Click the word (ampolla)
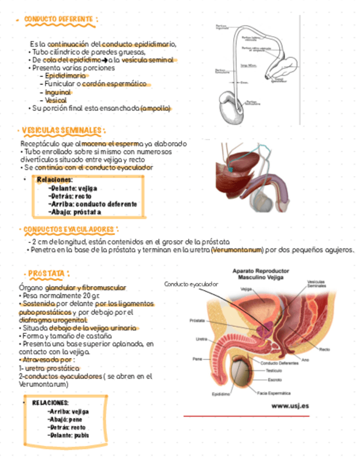click(x=155, y=108)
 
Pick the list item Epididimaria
click(x=65, y=76)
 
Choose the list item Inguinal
click(x=58, y=93)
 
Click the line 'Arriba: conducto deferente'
click(x=92, y=203)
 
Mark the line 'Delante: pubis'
click(x=69, y=435)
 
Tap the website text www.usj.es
click(x=290, y=406)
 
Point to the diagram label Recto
click(x=324, y=349)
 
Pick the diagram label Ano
click(x=305, y=360)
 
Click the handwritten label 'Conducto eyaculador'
click(x=191, y=284)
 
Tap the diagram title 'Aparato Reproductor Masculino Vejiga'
click(x=261, y=274)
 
